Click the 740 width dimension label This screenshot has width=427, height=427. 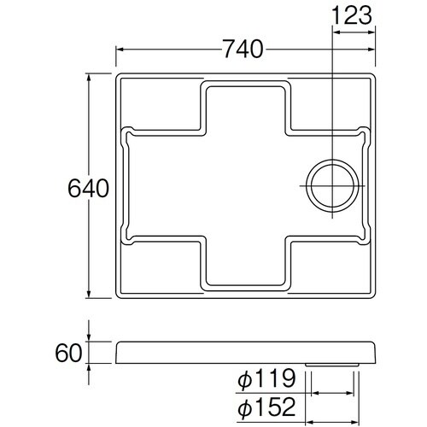(243, 50)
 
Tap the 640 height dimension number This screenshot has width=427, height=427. (88, 188)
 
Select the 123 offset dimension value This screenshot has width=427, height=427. (352, 15)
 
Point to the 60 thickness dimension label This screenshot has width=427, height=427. (68, 353)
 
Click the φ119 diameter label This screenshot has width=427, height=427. (266, 378)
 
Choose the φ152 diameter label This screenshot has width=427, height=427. (266, 407)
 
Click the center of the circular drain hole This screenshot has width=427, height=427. (332, 186)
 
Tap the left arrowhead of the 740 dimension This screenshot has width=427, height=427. (120, 50)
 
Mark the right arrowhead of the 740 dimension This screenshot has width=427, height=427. (371, 50)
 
